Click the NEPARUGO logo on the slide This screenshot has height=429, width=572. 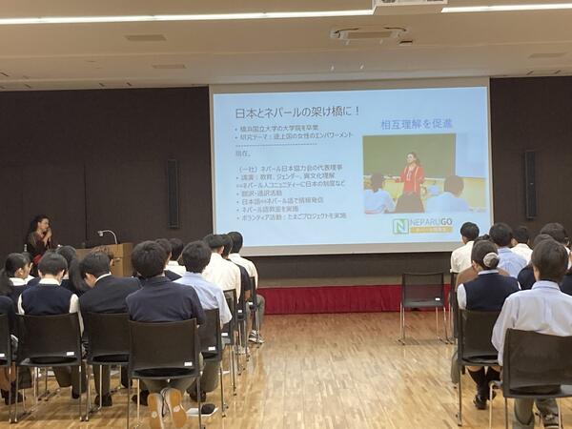pyautogui.click(x=422, y=226)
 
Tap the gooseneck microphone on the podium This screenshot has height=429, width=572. pyautogui.click(x=107, y=235)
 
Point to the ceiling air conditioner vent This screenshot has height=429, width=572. pyautogui.click(x=368, y=34)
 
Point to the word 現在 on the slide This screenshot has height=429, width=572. pyautogui.click(x=242, y=153)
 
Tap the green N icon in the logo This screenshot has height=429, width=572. pyautogui.click(x=400, y=226)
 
